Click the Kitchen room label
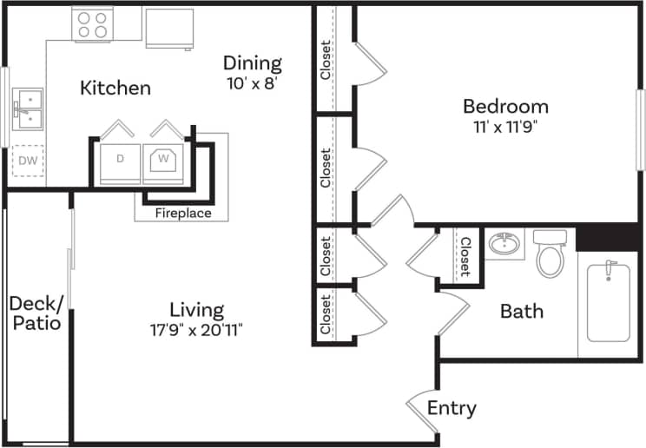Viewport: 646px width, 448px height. [115, 88]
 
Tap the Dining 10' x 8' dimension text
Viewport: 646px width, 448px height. [252, 85]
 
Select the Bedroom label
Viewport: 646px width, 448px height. [505, 107]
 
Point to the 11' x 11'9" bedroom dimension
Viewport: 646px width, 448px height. [505, 127]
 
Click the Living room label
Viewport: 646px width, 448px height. [196, 310]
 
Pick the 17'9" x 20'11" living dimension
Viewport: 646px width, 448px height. [196, 330]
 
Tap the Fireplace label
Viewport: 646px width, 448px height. [182, 213]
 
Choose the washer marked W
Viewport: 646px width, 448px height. [162, 159]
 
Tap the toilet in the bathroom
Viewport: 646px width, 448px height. [550, 253]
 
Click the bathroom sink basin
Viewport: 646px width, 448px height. [504, 244]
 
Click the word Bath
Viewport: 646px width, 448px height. [522, 311]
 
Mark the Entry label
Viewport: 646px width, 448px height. [452, 408]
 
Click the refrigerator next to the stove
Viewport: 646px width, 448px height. [168, 28]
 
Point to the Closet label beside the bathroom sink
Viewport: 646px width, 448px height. [465, 256]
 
